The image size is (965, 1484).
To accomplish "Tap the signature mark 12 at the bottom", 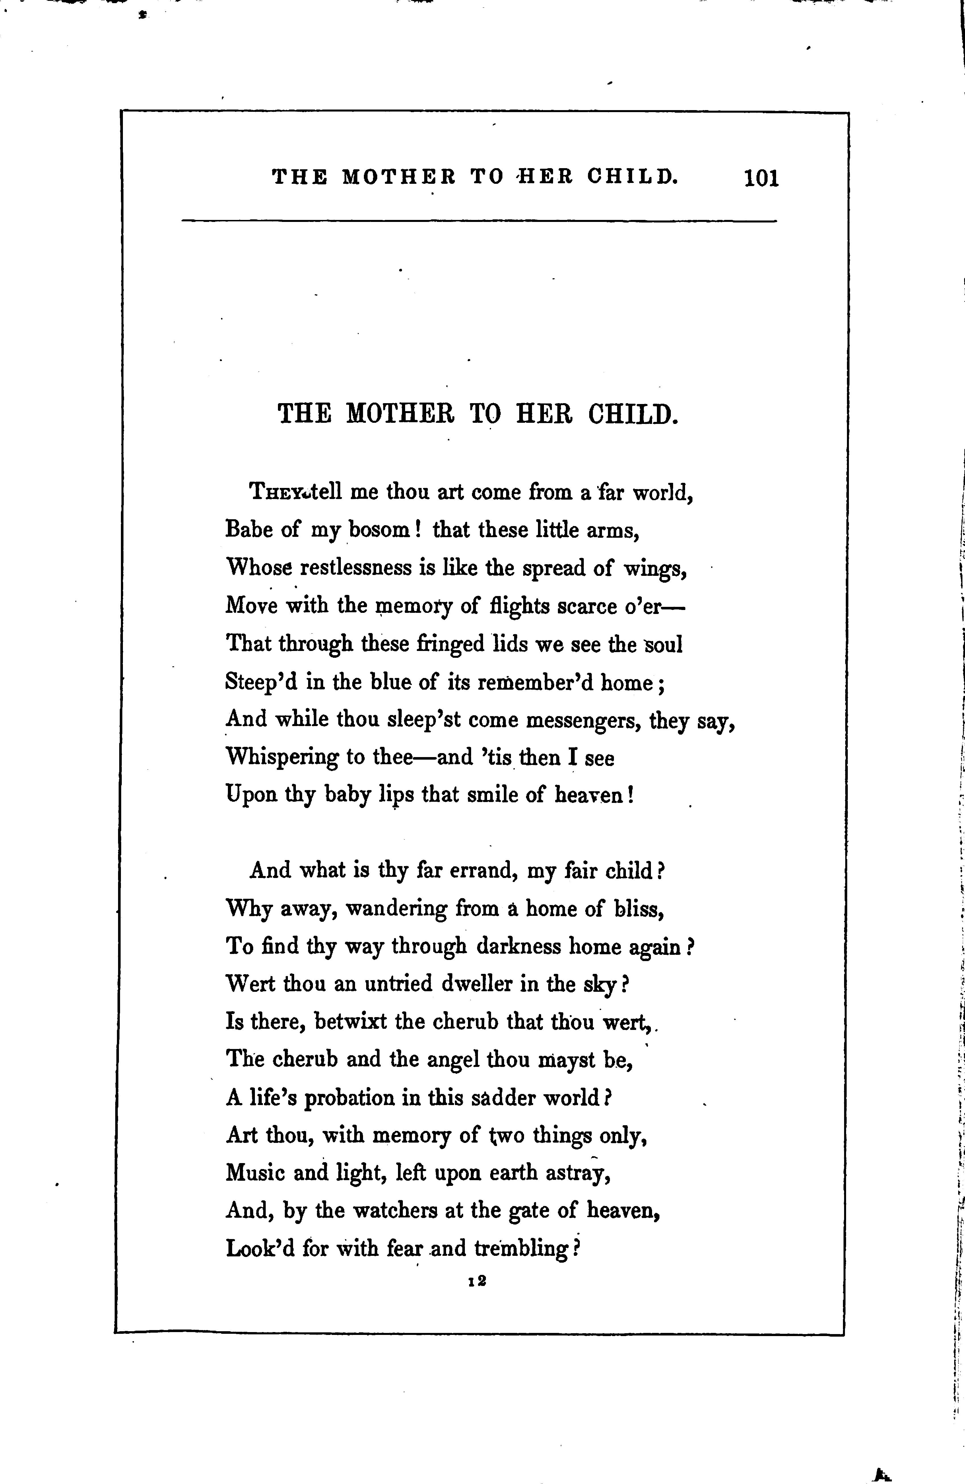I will (x=478, y=1281).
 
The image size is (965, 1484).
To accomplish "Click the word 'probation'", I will (x=349, y=1097).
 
